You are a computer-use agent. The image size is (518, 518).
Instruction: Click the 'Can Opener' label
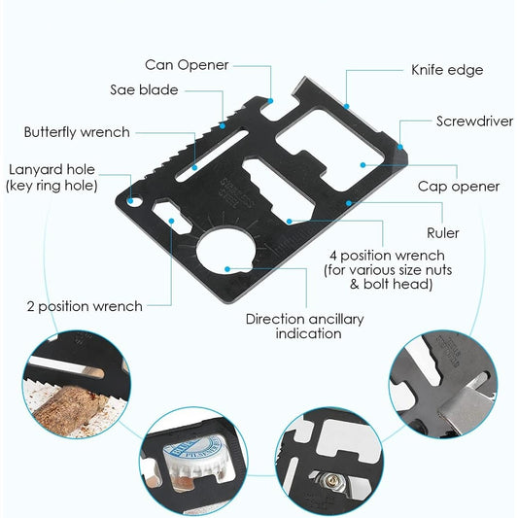pyautogui.click(x=187, y=65)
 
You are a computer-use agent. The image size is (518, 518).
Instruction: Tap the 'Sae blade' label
pyautogui.click(x=144, y=89)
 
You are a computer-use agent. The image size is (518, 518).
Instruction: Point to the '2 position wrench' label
pyautogui.click(x=85, y=306)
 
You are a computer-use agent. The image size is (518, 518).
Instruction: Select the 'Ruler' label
pyautogui.click(x=443, y=233)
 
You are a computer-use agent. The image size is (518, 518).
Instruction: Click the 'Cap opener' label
pyautogui.click(x=459, y=186)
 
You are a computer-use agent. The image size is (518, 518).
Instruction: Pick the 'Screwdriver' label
pyautogui.click(x=474, y=121)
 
